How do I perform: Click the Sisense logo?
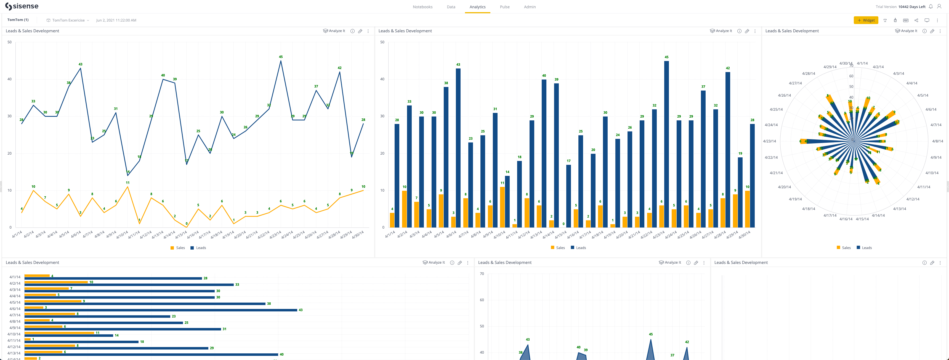pos(22,6)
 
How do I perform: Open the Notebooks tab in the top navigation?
pos(422,7)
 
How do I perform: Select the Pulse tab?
pos(504,7)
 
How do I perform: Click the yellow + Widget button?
pos(865,20)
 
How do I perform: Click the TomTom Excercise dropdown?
pos(68,20)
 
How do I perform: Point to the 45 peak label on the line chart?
pos(281,57)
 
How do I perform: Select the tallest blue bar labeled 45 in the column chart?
pos(666,144)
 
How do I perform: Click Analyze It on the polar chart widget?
pos(906,31)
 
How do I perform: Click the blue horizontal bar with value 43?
pos(161,310)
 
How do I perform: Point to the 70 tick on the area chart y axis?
pos(482,274)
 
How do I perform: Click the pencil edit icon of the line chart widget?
pos(360,31)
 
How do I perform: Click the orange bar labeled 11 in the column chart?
pos(502,207)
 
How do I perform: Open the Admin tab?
pos(529,7)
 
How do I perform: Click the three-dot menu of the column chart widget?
pos(755,31)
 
